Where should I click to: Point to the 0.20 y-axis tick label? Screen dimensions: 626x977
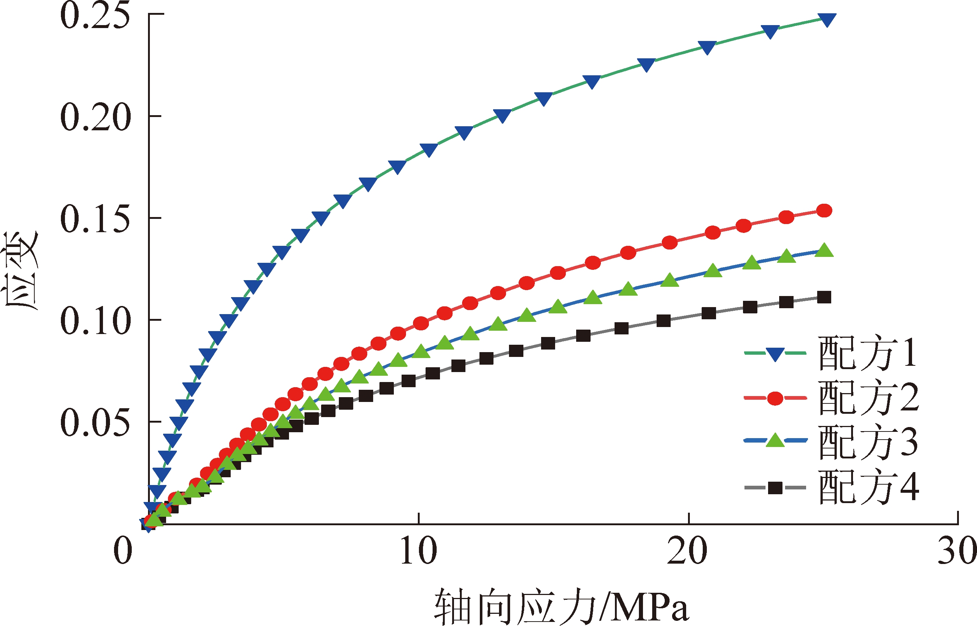coord(96,118)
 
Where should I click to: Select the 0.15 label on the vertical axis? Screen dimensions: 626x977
coord(96,220)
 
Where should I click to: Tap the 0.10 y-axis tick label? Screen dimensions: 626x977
coord(96,321)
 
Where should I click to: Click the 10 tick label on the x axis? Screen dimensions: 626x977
coord(419,551)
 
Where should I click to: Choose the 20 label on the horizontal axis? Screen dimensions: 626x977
coord(688,551)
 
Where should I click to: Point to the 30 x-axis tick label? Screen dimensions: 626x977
coord(957,551)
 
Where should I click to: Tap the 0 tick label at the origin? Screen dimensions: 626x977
coord(123,551)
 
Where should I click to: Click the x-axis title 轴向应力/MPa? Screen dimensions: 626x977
coord(561,608)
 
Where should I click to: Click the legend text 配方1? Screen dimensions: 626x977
coord(868,353)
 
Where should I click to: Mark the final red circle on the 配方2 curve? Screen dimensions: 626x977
coord(824,210)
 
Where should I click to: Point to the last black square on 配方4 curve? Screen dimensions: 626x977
coord(824,297)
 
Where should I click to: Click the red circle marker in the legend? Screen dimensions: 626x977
coord(775,398)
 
